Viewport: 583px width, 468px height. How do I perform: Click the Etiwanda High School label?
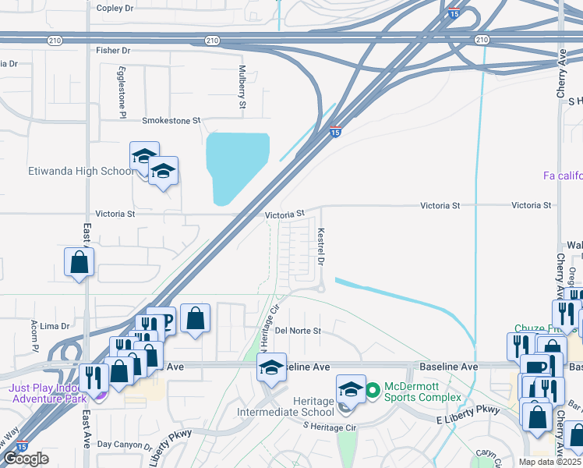tap(70, 172)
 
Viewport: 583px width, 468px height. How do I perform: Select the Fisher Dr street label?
tap(112, 50)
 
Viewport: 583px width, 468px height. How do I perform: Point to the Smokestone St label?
tap(171, 121)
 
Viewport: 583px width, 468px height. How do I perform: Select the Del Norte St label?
tap(298, 331)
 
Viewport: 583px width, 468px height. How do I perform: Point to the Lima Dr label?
tap(55, 325)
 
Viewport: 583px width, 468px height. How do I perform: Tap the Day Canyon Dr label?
tap(125, 445)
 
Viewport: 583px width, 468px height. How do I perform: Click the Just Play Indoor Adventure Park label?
tap(47, 393)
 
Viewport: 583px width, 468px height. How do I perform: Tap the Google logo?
tap(26, 459)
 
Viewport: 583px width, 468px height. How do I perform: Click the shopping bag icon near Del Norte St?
tap(195, 319)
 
